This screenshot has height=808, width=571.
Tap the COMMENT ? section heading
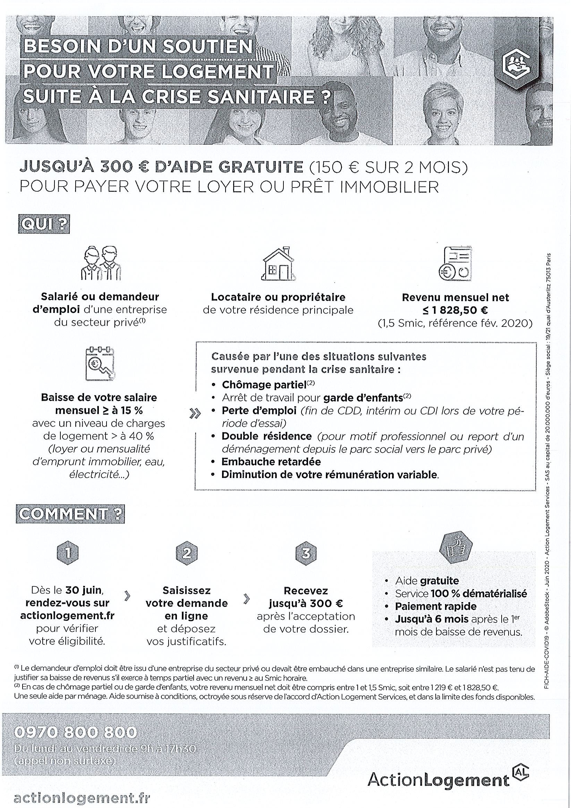pos(70,514)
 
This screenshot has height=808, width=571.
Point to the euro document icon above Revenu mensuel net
pos(455,263)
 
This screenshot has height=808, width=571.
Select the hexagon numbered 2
pos(186,554)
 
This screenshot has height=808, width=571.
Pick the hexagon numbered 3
pos(305,554)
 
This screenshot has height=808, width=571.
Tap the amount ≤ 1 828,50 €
pos(455,310)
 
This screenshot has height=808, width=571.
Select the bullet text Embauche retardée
pos(271,462)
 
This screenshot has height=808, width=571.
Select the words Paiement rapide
pos(435,606)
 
